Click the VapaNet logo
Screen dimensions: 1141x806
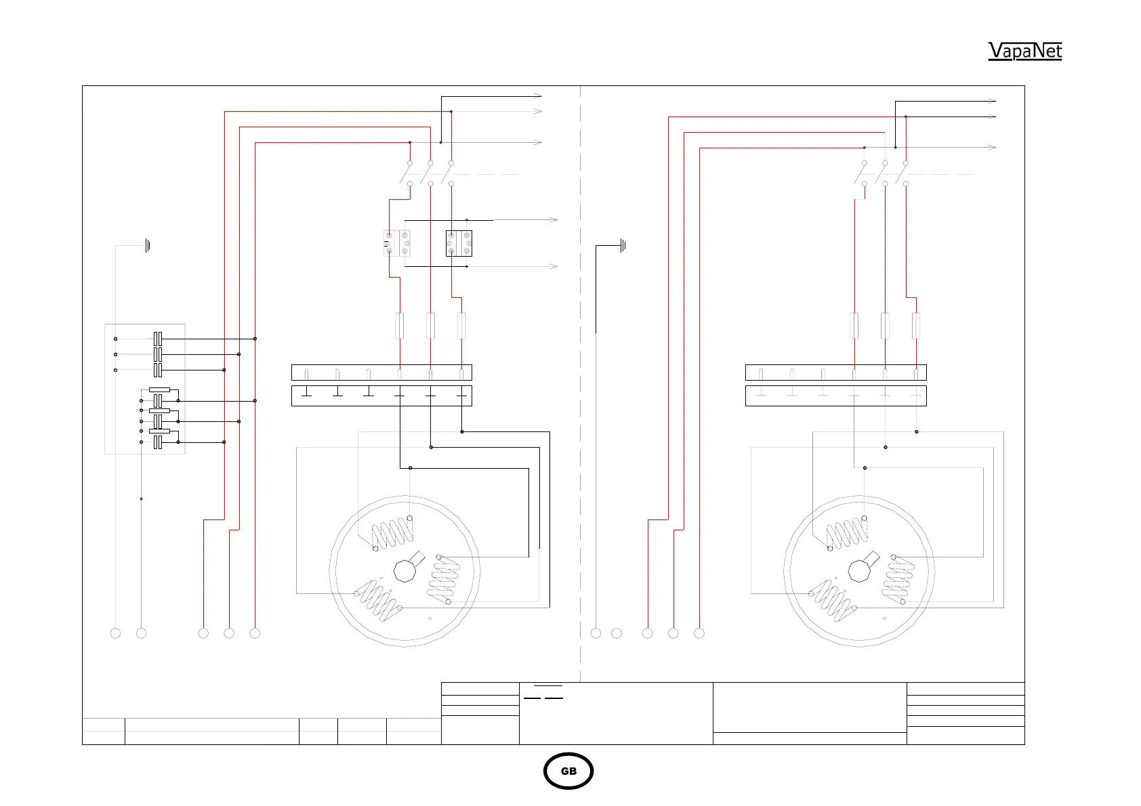click(1024, 51)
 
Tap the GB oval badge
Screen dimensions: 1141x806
click(568, 771)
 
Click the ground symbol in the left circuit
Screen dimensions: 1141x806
click(147, 245)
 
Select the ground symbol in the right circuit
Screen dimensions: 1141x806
click(623, 245)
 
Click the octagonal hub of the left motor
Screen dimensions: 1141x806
click(404, 570)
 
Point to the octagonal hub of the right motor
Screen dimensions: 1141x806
click(859, 570)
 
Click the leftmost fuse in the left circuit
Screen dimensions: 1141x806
click(400, 326)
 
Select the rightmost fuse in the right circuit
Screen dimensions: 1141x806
click(916, 326)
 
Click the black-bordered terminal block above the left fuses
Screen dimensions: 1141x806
click(459, 243)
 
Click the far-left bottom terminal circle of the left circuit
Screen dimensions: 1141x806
click(115, 633)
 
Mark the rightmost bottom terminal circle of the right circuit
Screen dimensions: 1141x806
click(699, 633)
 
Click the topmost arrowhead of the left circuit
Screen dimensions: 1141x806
click(539, 96)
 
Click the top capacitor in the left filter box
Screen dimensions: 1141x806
click(158, 339)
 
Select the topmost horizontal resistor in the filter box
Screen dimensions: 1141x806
click(159, 390)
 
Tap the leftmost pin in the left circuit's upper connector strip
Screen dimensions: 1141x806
click(307, 374)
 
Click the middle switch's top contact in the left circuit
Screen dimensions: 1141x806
click(431, 163)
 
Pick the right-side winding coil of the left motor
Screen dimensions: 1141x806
click(444, 580)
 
